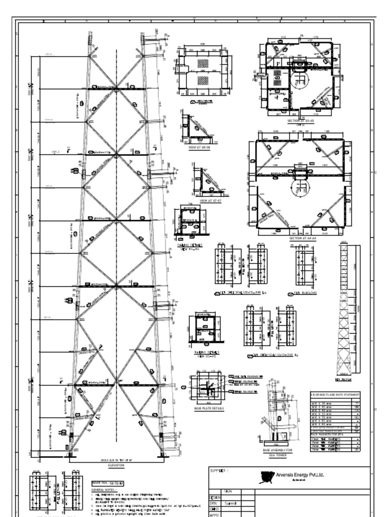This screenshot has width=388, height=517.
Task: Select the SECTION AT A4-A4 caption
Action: coord(302,238)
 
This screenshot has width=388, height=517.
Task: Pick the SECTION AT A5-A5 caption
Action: coord(300,121)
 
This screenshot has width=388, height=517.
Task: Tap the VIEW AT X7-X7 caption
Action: coord(211,200)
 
